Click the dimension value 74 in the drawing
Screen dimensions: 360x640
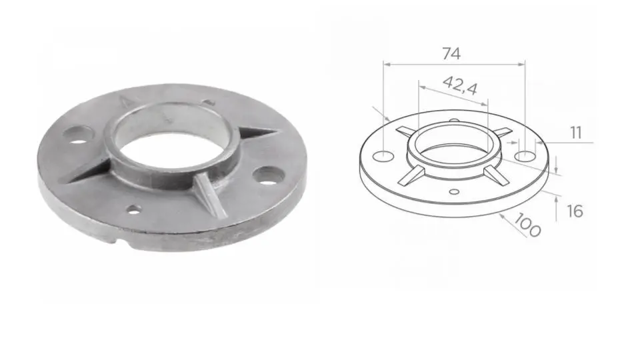pyautogui.click(x=451, y=54)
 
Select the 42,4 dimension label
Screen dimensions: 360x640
pyautogui.click(x=460, y=85)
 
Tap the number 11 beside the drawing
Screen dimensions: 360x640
pyautogui.click(x=576, y=133)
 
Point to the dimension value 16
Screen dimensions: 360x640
pyautogui.click(x=575, y=211)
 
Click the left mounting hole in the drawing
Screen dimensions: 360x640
pyautogui.click(x=383, y=156)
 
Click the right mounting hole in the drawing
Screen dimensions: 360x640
pyautogui.click(x=526, y=156)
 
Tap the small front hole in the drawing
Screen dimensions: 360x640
pyautogui.click(x=454, y=192)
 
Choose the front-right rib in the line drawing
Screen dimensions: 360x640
pyautogui.click(x=494, y=174)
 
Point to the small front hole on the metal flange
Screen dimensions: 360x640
pyautogui.click(x=134, y=210)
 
